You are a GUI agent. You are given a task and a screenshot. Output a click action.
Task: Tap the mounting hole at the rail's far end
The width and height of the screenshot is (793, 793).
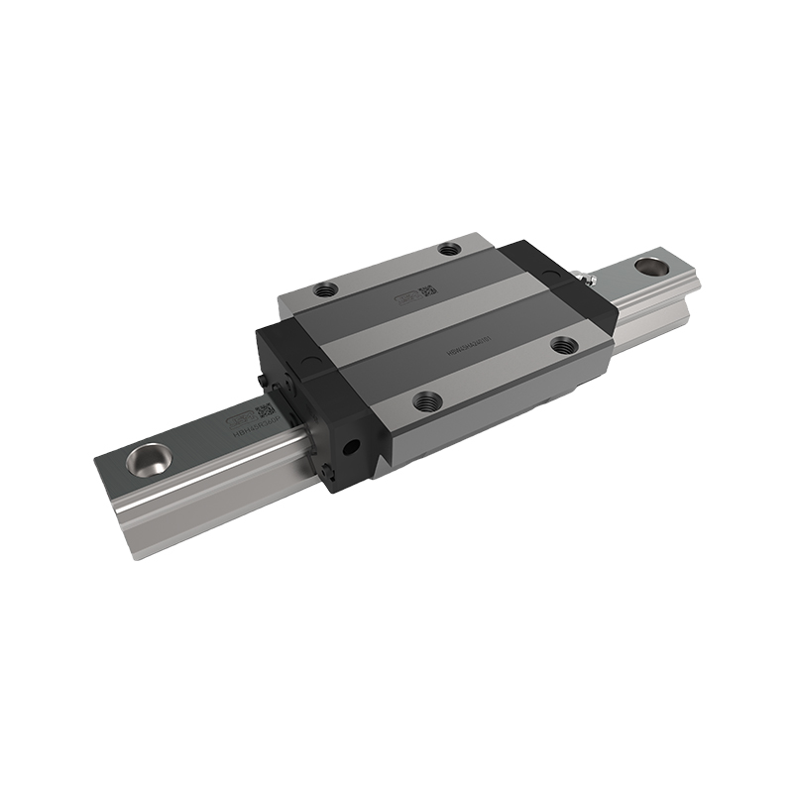(651, 266)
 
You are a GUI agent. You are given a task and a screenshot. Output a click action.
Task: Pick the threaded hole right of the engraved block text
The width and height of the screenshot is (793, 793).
(564, 345)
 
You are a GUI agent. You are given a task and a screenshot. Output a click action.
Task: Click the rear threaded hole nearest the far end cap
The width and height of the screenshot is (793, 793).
(451, 248)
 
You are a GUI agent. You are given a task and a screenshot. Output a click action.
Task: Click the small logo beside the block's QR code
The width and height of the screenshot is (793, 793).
(406, 296)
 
